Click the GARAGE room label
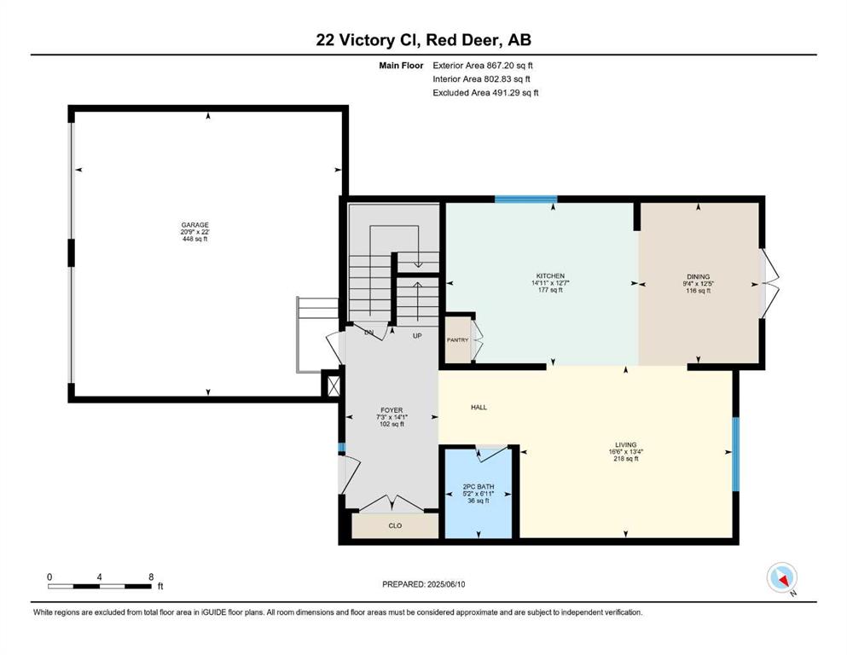pos(195,225)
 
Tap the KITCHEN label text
pos(550,276)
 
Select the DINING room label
pos(699,276)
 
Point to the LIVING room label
pos(626,445)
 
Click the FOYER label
pos(392,410)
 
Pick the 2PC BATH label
pos(479,486)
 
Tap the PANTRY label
pos(457,340)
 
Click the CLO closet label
pos(395,525)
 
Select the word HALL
pos(479,408)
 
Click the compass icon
pos(781,578)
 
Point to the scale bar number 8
pos(151,577)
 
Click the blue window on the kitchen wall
pos(526,200)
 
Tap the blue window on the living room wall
pos(735,454)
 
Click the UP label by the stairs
pos(417,336)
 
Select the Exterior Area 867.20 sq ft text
pos(483,66)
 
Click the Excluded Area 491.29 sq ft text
pos(485,93)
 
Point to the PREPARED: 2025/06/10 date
pos(423,584)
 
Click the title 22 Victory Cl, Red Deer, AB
pos(423,40)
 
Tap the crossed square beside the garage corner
pos(334,386)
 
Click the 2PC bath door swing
pos(491,454)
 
